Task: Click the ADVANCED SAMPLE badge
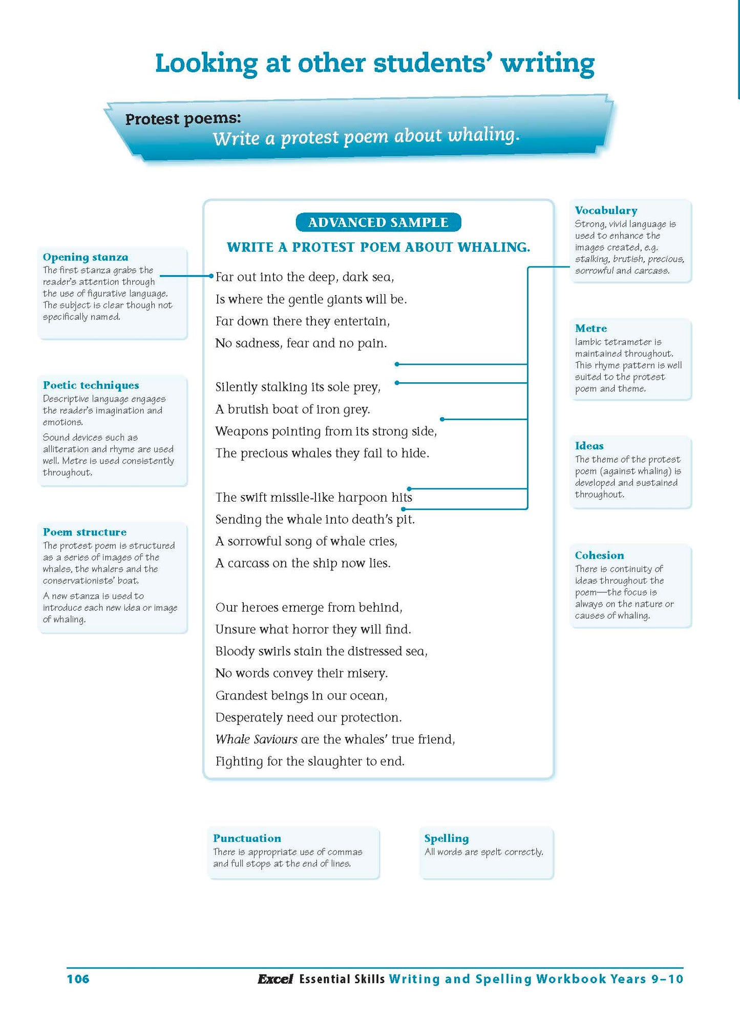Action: [378, 222]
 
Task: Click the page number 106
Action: [78, 979]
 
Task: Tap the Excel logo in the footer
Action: [275, 979]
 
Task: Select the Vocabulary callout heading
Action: [606, 210]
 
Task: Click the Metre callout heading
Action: [590, 328]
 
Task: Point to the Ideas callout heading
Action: [589, 445]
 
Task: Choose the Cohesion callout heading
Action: [599, 555]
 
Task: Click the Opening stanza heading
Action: [86, 257]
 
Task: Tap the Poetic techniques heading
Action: [91, 385]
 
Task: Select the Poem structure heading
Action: [84, 532]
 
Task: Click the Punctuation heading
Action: [247, 838]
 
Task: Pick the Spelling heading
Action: [446, 838]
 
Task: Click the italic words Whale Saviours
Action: [256, 739]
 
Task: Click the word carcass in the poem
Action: [248, 563]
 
